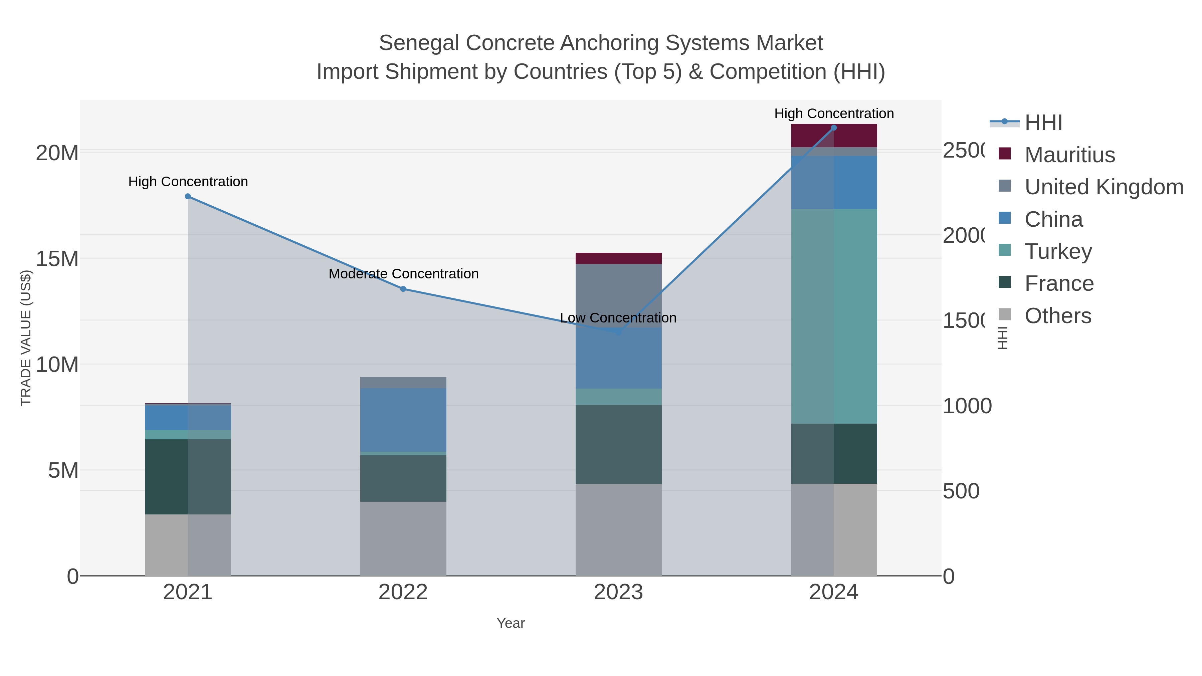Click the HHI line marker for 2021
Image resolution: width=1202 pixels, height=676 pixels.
[188, 196]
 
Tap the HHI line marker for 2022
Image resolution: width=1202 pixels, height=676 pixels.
[403, 289]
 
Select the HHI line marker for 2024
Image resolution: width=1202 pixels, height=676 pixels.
[834, 128]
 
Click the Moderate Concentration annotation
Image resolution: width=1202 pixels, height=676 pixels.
[404, 274]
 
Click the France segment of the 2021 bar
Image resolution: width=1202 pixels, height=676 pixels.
[188, 476]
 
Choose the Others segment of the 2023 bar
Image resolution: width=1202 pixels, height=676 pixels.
[618, 529]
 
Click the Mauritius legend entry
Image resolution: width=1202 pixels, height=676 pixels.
[1069, 155]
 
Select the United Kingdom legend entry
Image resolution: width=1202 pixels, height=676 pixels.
[1104, 187]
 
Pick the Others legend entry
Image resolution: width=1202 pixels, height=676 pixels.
[1057, 316]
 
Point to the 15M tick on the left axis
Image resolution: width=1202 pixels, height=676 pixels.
[57, 258]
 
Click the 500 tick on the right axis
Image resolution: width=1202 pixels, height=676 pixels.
[961, 491]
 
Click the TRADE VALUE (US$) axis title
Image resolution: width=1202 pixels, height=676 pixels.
[26, 338]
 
